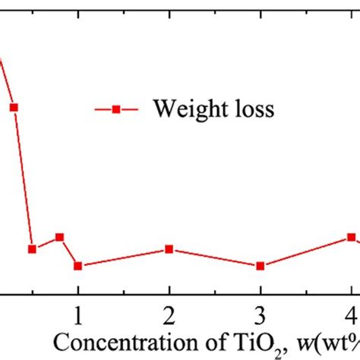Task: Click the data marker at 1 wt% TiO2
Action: click(77, 266)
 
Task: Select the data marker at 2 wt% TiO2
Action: click(169, 249)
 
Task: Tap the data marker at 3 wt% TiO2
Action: click(261, 266)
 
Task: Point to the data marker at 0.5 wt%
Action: click(32, 249)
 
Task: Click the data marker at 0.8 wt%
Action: click(59, 237)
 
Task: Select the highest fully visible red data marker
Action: click(13, 107)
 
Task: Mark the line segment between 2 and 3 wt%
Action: click(215, 257)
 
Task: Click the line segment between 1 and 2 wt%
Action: click(123, 257)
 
